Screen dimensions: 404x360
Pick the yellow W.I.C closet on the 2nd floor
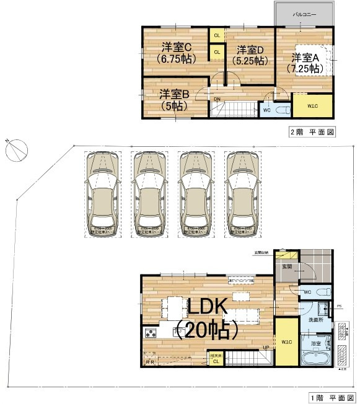(x=313, y=107)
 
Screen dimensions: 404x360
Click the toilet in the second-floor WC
(x=282, y=110)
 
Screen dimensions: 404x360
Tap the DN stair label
(x=217, y=99)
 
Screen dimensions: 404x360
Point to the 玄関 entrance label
(x=287, y=266)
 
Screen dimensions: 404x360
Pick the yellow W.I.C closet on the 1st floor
(x=286, y=341)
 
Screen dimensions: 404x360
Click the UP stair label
(x=266, y=348)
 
